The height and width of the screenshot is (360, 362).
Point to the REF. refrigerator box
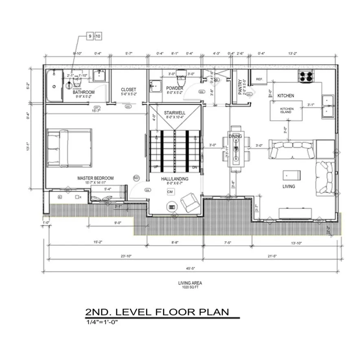click(x=259, y=79)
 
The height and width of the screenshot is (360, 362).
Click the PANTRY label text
click(x=240, y=87)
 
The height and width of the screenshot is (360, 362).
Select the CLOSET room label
click(x=128, y=90)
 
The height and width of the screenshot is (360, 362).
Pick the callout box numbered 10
click(x=98, y=37)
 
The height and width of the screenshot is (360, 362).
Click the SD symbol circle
click(x=137, y=178)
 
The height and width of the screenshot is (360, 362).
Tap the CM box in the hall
click(x=170, y=192)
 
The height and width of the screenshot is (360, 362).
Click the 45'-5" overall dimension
click(x=190, y=269)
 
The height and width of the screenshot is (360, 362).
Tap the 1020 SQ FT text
click(x=190, y=287)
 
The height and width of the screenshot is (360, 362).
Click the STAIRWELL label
click(x=175, y=112)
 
